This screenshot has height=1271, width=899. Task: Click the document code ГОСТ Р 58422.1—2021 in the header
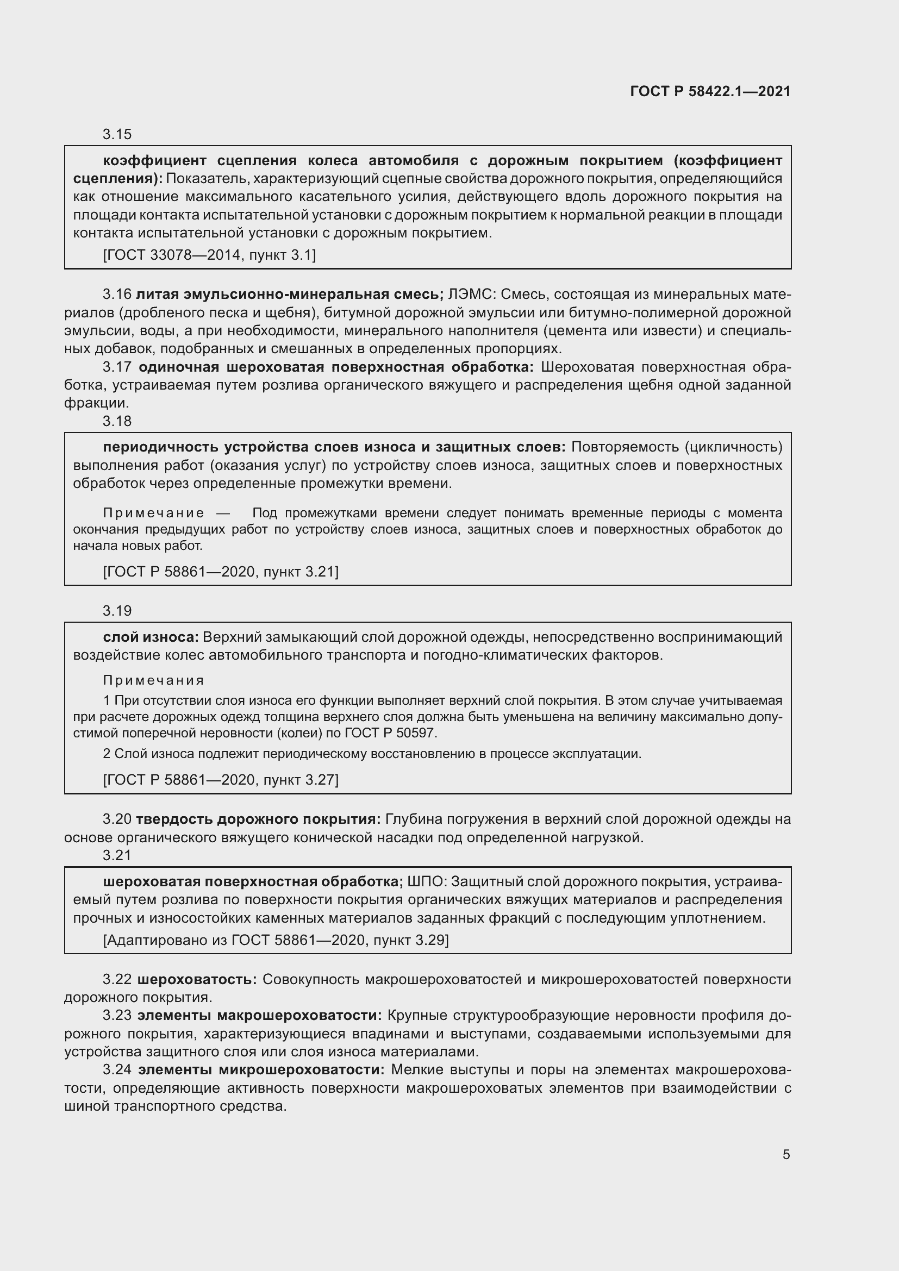pyautogui.click(x=710, y=91)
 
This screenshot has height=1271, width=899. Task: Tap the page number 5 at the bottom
pyautogui.click(x=786, y=1154)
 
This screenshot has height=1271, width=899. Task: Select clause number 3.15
pyautogui.click(x=117, y=134)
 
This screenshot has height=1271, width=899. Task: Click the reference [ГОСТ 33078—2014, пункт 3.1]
pyautogui.click(x=209, y=255)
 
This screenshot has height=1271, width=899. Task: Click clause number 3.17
pyautogui.click(x=117, y=367)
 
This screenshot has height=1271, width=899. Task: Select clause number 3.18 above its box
pyautogui.click(x=117, y=421)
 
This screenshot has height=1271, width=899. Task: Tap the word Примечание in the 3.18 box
pyautogui.click(x=153, y=513)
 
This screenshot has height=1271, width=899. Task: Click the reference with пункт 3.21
pyautogui.click(x=220, y=571)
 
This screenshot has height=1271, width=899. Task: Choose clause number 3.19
pyautogui.click(x=117, y=611)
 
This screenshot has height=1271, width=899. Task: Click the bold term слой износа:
pyautogui.click(x=151, y=637)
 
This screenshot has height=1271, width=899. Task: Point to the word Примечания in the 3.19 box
pyautogui.click(x=153, y=680)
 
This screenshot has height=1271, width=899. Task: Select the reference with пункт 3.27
pyautogui.click(x=220, y=779)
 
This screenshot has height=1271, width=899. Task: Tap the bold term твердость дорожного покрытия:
pyautogui.click(x=258, y=819)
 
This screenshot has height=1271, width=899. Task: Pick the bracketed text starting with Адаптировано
pyautogui.click(x=276, y=940)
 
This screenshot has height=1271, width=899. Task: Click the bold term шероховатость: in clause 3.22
pyautogui.click(x=197, y=979)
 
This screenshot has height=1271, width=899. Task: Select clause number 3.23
pyautogui.click(x=117, y=1015)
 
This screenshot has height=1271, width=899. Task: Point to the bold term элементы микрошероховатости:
pyautogui.click(x=261, y=1069)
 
